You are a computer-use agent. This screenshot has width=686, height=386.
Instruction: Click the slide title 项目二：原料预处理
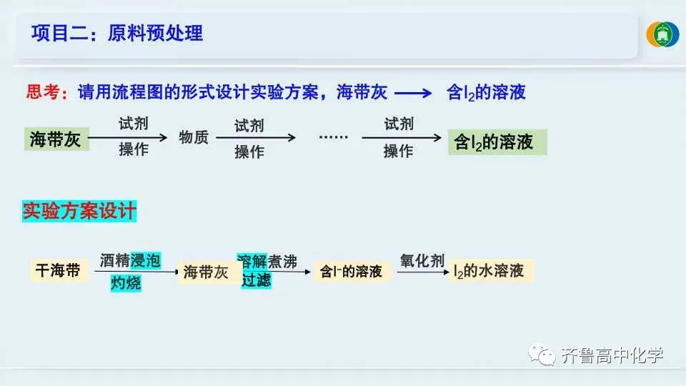pos(117,34)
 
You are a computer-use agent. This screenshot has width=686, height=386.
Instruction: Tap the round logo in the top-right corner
pos(662,35)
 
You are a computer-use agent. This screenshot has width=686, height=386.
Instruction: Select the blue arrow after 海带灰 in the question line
pos(414,93)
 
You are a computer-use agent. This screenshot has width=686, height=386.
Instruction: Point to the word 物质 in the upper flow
pos(194,137)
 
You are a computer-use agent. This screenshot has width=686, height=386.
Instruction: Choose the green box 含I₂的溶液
pos(497,142)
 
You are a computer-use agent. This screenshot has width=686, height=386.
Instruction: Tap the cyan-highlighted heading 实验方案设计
pos(79,212)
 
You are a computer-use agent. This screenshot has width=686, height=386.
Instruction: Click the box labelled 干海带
pos(59,271)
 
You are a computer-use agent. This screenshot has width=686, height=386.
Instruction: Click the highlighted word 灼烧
pos(126,283)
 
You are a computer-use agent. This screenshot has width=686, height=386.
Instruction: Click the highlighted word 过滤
pos(256,280)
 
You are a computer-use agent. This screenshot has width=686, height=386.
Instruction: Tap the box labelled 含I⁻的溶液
pos(352,272)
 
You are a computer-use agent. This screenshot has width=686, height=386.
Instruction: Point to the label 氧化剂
pos(422,262)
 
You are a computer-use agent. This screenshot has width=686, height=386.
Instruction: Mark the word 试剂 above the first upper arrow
pos(134,124)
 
